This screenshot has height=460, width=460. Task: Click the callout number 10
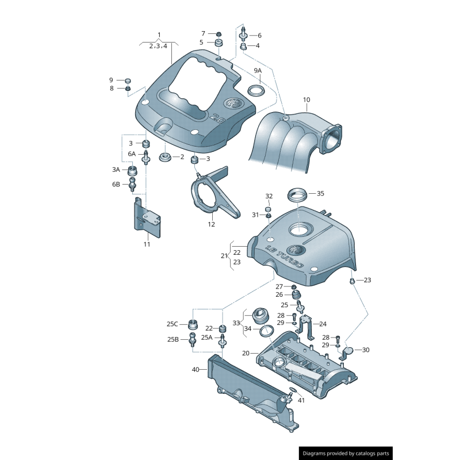(x=306, y=99)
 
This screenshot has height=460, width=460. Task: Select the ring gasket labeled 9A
(x=256, y=91)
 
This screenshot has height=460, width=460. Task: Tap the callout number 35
(x=320, y=193)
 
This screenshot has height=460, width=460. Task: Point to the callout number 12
(x=211, y=224)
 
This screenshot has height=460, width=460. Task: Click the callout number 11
(x=147, y=244)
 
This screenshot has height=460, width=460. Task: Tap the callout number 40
(x=195, y=369)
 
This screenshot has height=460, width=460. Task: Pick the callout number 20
(x=246, y=352)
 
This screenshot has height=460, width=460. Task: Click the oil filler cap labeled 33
(x=259, y=317)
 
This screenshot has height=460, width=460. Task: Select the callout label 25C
(x=172, y=324)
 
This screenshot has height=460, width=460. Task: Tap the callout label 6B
(x=116, y=184)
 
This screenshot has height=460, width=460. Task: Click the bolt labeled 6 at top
(x=243, y=34)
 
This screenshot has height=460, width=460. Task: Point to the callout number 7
(x=203, y=33)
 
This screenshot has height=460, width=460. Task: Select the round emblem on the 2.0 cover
(x=233, y=104)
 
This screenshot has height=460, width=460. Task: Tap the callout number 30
(x=366, y=350)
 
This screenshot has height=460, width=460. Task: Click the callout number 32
(x=269, y=196)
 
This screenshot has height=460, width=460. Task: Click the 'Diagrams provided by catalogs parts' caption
(x=346, y=453)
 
